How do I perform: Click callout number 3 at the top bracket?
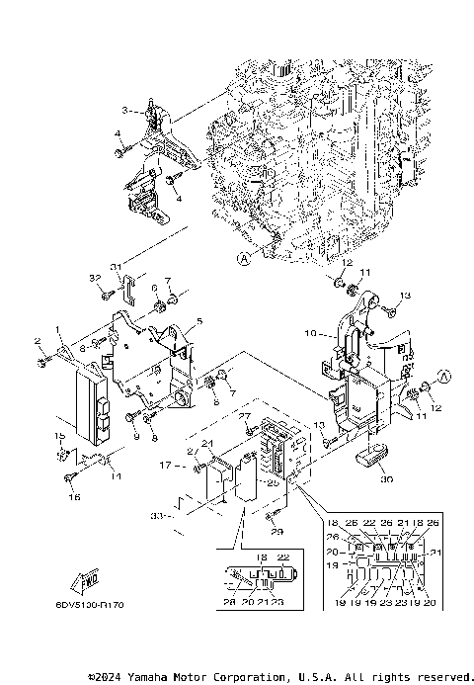[x=125, y=109]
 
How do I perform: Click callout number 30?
[x=386, y=478]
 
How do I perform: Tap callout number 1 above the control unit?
[x=58, y=329]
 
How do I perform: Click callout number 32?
[x=95, y=279]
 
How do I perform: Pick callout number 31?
[x=116, y=266]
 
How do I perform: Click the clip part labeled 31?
[x=124, y=288]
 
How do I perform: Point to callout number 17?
[x=167, y=464]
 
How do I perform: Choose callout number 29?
[x=277, y=533]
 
